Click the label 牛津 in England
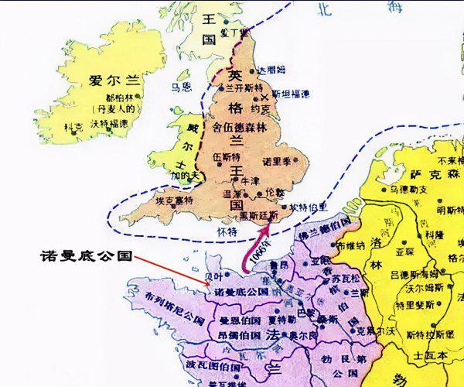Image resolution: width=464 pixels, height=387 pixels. [250, 180]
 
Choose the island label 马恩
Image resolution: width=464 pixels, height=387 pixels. [182, 87]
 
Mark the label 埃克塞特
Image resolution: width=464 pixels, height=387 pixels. [174, 200]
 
